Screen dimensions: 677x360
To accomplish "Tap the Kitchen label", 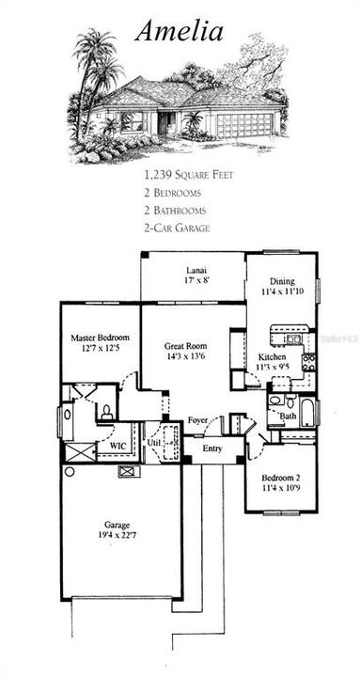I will tap(273, 357).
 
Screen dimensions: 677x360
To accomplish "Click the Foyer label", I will tap(197, 420).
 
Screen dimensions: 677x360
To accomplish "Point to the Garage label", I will tap(118, 525).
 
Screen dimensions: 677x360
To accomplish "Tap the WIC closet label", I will tap(118, 446).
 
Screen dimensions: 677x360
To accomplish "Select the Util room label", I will tap(154, 440).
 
